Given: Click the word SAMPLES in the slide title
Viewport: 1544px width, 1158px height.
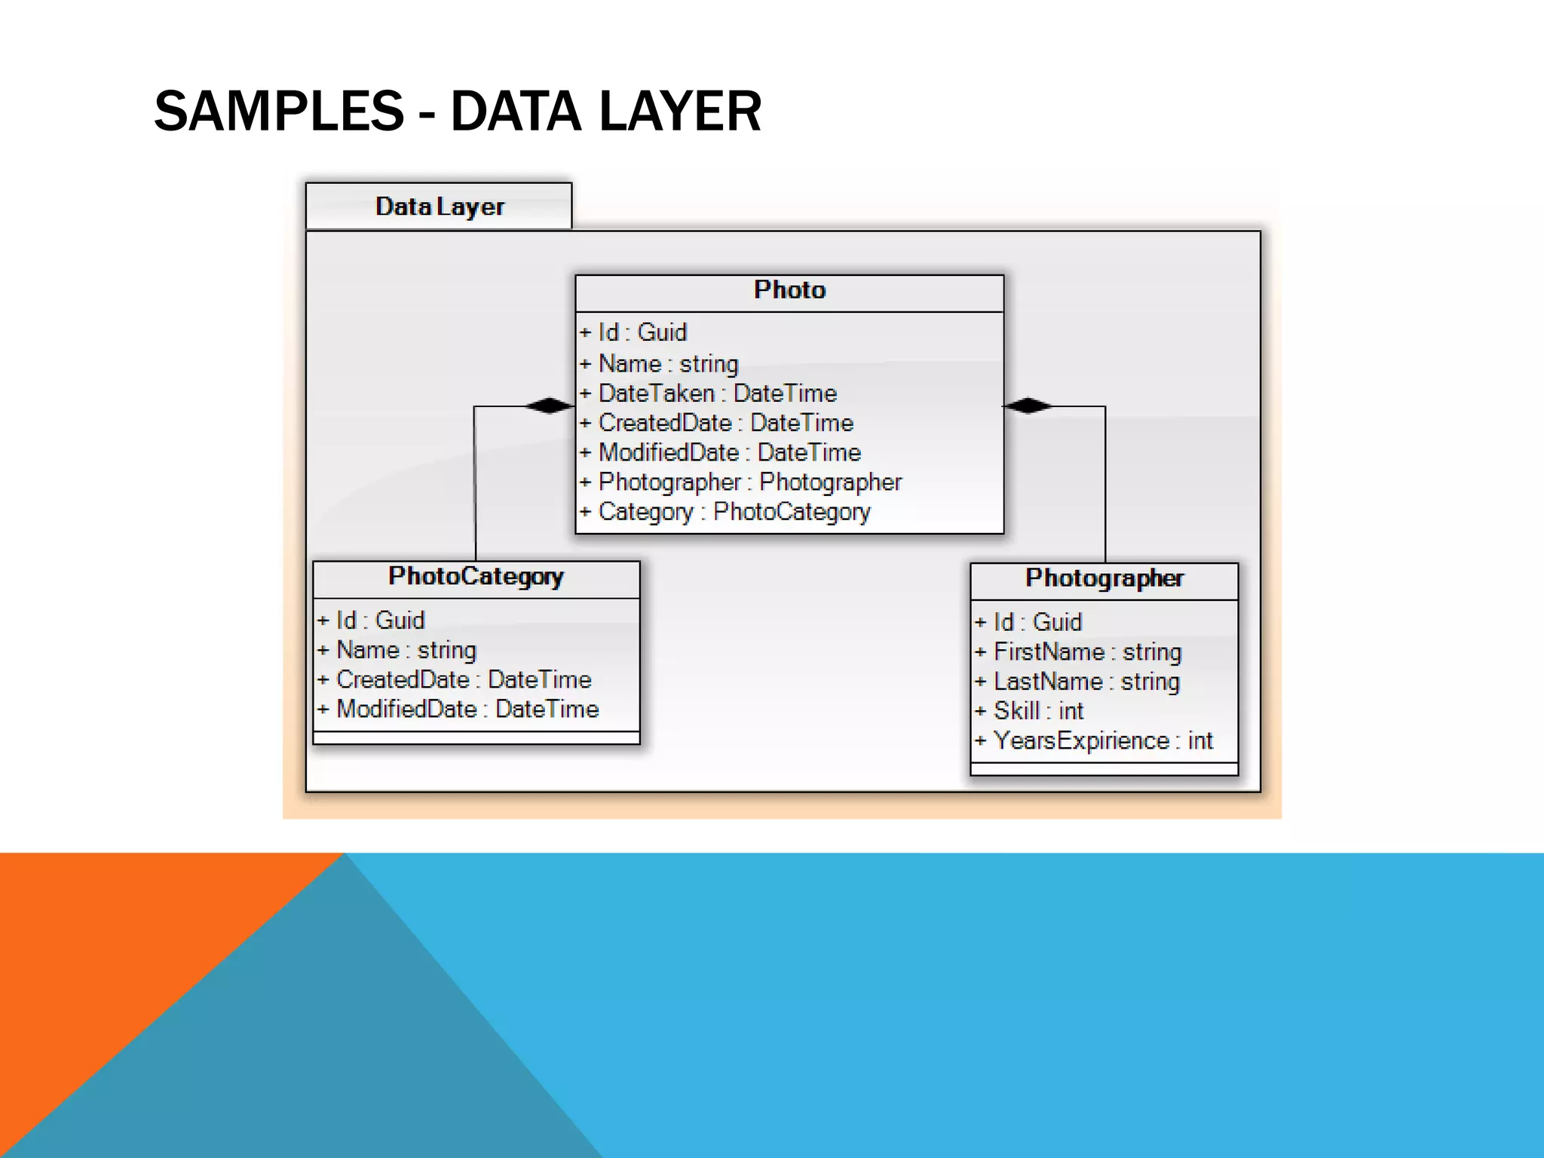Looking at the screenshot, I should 279,112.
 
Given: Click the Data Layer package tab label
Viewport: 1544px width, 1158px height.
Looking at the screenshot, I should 440,207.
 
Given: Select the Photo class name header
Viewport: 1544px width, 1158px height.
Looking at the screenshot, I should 789,290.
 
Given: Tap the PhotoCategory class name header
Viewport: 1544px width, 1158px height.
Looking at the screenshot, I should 476,577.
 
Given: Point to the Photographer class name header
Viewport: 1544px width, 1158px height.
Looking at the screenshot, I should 1104,579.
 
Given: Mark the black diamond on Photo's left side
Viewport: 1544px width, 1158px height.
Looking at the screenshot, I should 549,406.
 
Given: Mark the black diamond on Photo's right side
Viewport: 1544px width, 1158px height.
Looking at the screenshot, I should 1028,406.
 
